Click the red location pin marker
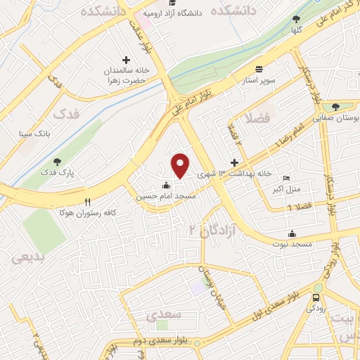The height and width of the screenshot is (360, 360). tap(181, 165)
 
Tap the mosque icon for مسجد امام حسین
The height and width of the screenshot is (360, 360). tap(166, 186)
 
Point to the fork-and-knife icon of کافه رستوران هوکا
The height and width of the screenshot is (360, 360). tap(87, 201)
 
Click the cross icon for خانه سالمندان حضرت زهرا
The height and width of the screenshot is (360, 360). tap(126, 60)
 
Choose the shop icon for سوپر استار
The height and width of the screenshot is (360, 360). tap(259, 70)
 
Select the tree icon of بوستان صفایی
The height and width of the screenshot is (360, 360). tap(335, 107)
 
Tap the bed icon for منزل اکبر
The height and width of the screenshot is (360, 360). tap(285, 179)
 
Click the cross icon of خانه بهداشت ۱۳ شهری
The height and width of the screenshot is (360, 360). tap(235, 162)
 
